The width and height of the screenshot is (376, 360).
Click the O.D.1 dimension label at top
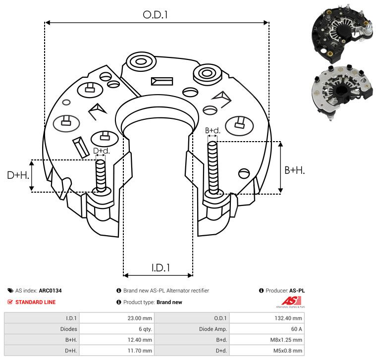[x=156, y=15]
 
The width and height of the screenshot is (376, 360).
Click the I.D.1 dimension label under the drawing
[x=161, y=268]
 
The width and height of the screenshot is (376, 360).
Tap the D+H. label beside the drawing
[x=18, y=175]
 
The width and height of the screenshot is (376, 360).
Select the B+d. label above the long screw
[x=213, y=131]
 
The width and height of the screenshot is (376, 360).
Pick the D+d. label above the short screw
[x=101, y=151]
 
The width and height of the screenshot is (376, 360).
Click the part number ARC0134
[x=54, y=291]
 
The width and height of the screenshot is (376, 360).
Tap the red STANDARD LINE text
[x=35, y=302]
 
